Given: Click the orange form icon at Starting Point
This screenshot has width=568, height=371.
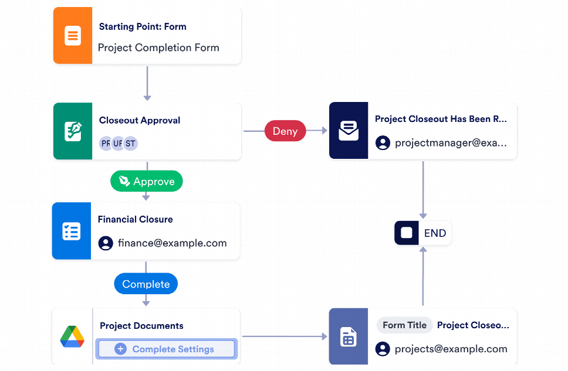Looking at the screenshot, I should [x=73, y=36].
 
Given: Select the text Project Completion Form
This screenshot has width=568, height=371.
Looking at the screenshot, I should [x=158, y=47].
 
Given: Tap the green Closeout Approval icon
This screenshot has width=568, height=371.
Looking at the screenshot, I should [x=73, y=131].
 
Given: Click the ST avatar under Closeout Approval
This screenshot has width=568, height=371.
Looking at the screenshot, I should [x=130, y=144].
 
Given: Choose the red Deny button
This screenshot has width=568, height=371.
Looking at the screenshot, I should [x=285, y=131].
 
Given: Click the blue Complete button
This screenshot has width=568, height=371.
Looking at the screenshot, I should [x=146, y=284].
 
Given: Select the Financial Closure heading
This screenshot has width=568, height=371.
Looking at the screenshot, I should [x=135, y=219].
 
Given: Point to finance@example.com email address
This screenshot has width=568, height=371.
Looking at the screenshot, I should [x=172, y=243].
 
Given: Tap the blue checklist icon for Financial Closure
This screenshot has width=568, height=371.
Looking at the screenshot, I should [x=71, y=231].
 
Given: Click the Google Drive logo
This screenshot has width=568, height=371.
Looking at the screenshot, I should [x=72, y=336].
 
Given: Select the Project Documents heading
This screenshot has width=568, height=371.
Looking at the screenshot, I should [x=141, y=326].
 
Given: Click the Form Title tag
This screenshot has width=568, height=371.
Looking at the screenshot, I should [x=404, y=325].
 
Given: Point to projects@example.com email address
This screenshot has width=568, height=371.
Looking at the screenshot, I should [x=451, y=349].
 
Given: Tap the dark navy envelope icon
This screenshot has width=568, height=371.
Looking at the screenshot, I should [x=349, y=131].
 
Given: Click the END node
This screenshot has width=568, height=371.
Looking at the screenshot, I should [x=423, y=233].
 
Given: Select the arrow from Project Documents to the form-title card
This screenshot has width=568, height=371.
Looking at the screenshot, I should [x=285, y=336].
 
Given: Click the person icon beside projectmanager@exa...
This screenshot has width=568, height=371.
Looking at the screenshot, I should [x=383, y=142].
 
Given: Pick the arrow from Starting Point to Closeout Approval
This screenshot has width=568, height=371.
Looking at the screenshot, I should [x=147, y=83].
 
